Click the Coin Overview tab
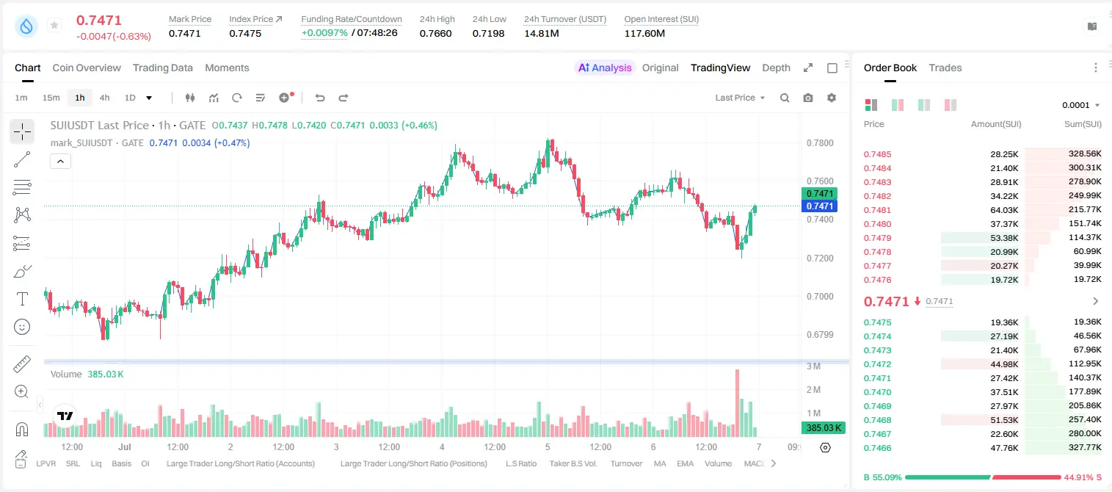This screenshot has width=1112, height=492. pyautogui.click(x=87, y=68)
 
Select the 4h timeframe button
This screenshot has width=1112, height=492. pyautogui.click(x=104, y=98)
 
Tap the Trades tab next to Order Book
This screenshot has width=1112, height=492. pyautogui.click(x=945, y=68)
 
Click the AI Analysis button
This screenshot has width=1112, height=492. pyautogui.click(x=605, y=68)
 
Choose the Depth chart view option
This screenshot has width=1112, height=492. pyautogui.click(x=776, y=68)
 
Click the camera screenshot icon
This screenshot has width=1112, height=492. pyautogui.click(x=808, y=98)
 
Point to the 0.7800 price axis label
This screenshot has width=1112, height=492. pyautogui.click(x=820, y=143)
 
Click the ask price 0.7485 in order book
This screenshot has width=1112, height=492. pyautogui.click(x=877, y=154)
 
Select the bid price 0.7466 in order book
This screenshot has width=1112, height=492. pyautogui.click(x=877, y=448)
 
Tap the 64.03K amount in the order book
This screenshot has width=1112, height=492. pyautogui.click(x=1004, y=210)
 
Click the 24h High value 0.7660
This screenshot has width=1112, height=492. pyautogui.click(x=435, y=33)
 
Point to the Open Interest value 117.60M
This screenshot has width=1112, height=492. pyautogui.click(x=644, y=33)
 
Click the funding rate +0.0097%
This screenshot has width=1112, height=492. pyautogui.click(x=324, y=33)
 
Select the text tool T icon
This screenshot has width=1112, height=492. pyautogui.click(x=22, y=299)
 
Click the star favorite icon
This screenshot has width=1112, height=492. pyautogui.click(x=54, y=25)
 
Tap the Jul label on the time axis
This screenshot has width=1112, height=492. pyautogui.click(x=125, y=446)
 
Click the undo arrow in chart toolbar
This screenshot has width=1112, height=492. pyautogui.click(x=320, y=98)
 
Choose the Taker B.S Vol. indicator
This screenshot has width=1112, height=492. pyautogui.click(x=573, y=463)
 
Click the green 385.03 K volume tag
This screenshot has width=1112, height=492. pyautogui.click(x=823, y=427)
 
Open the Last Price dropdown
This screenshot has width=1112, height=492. pyautogui.click(x=740, y=98)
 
